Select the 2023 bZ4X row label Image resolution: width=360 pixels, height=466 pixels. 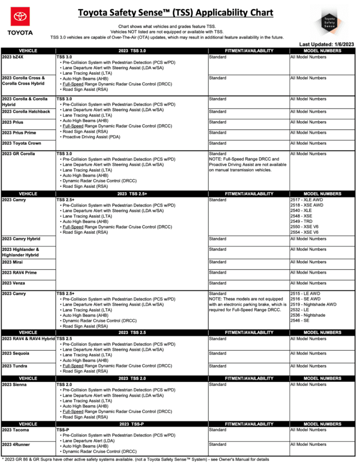point(13,57)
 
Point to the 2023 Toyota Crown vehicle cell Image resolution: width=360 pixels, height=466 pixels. point(22,143)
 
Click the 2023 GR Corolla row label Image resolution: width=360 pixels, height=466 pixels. point(19,154)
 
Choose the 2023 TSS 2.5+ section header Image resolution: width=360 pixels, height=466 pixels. point(132,194)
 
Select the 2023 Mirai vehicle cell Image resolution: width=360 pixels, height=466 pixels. point(13,262)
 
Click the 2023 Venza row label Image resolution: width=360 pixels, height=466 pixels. point(13,283)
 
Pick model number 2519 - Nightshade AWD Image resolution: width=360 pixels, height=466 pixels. point(313,305)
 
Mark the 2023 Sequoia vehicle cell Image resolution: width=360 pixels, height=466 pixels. point(15,353)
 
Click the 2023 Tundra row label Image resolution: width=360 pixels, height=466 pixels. point(15,366)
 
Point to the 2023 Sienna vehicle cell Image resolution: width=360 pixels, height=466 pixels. point(14,385)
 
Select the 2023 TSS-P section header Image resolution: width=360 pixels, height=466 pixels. point(132,424)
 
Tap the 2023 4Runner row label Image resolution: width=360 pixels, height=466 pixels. point(15,444)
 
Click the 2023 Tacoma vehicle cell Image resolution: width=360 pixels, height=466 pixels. point(15,430)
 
